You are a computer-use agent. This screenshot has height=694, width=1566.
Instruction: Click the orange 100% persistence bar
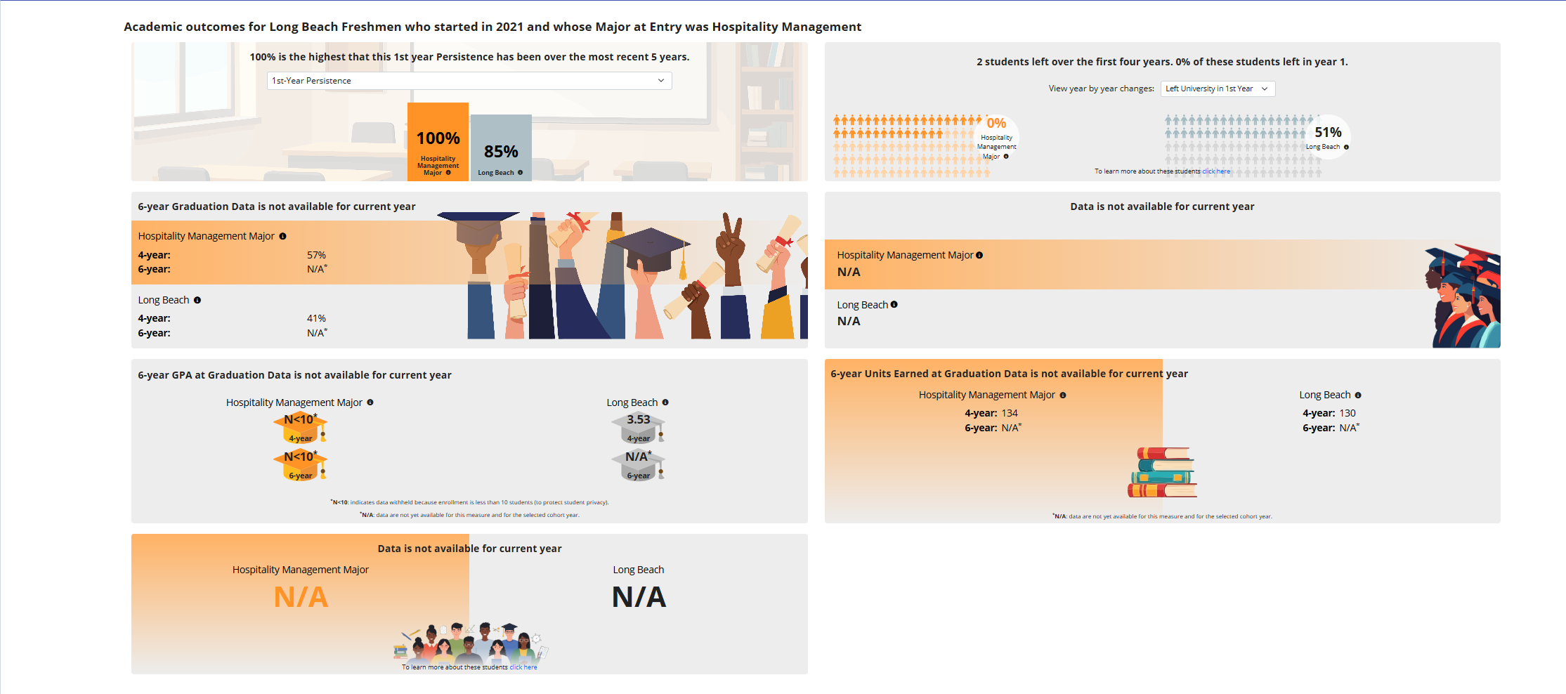[x=438, y=140]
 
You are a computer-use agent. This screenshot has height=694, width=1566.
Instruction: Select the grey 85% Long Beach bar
[x=501, y=148]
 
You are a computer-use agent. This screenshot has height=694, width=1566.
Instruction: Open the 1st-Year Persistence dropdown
[x=469, y=81]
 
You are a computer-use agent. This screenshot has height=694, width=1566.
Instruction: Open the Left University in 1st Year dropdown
[x=1217, y=89]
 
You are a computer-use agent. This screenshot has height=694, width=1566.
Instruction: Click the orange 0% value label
[x=996, y=123]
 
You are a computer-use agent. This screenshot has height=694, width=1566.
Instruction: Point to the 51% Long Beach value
[x=1328, y=132]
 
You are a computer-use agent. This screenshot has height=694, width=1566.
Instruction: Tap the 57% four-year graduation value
[x=316, y=255]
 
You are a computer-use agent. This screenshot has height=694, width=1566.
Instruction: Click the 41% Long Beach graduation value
[x=316, y=318]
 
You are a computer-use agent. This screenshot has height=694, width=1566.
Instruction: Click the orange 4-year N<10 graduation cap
[x=300, y=427]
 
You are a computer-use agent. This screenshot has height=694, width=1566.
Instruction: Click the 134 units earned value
[x=1010, y=413]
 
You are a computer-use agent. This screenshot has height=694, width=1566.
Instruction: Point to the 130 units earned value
[x=1348, y=413]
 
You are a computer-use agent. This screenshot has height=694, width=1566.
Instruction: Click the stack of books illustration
[x=1163, y=472]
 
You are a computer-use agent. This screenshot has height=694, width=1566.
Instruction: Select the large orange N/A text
[x=301, y=597]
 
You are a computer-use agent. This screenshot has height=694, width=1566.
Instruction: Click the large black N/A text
[x=639, y=597]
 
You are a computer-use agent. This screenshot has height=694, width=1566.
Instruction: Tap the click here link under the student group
[x=523, y=667]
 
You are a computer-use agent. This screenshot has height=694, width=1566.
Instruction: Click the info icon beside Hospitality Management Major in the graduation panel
[x=282, y=236]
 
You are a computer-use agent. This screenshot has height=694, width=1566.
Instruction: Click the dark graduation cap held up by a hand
[x=649, y=246]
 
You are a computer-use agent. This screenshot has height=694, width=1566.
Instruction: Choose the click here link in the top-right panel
[x=1216, y=171]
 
